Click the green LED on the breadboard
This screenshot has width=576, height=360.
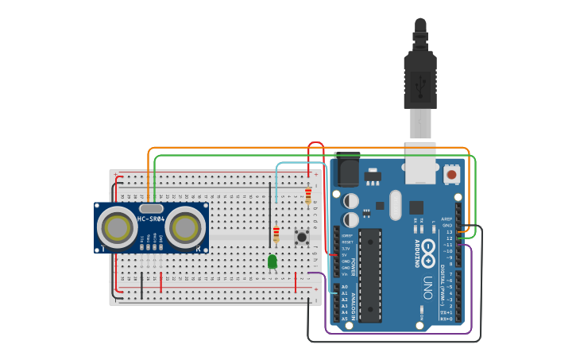pos(273,261)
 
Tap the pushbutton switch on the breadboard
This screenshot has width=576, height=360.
pos(302,236)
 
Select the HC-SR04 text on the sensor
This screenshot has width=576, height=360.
pos(151,219)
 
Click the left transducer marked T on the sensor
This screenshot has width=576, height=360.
pos(118,228)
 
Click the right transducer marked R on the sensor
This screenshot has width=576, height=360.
pos(186,228)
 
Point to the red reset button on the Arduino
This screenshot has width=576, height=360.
pos(451,174)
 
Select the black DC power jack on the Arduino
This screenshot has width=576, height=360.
pos(347,172)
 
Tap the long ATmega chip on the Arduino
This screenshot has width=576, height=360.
pos(370,275)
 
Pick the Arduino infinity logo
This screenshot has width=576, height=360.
pos(427,253)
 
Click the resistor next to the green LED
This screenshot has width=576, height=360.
pos(276,234)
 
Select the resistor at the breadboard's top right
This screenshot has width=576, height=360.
pos(308,195)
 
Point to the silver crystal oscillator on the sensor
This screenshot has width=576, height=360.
pos(151,208)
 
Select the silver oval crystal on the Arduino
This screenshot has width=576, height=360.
pos(396,204)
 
